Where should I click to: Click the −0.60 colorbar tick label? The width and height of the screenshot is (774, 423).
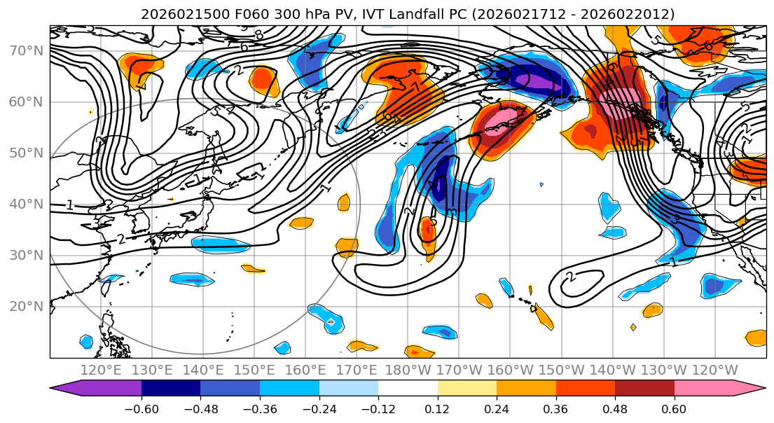(x=141, y=409)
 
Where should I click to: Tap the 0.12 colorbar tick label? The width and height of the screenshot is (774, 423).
(x=438, y=409)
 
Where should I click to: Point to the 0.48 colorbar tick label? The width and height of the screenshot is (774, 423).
(x=615, y=409)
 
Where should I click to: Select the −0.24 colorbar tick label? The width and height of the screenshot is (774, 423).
(x=319, y=409)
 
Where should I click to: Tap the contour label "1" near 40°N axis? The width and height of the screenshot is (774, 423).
(x=70, y=205)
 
